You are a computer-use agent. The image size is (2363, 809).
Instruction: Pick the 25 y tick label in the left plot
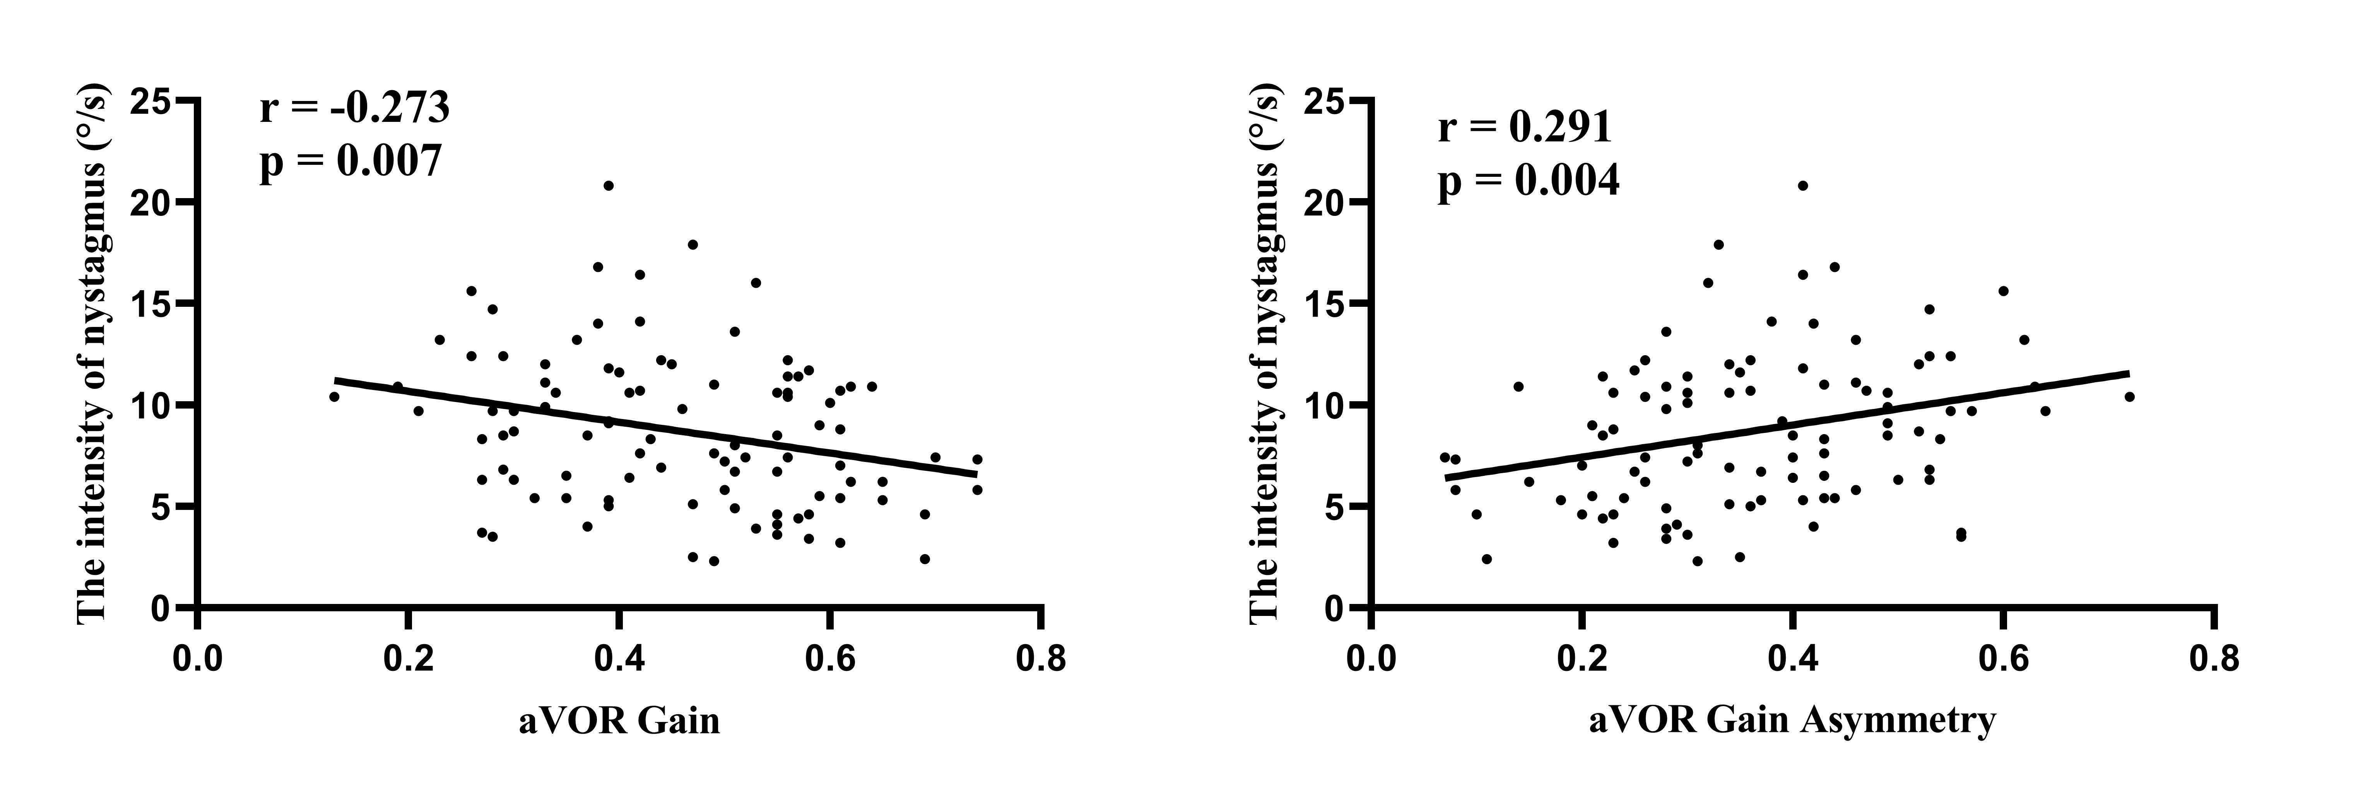pyautogui.click(x=151, y=101)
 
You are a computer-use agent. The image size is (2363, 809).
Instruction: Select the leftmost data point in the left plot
pyautogui.click(x=334, y=396)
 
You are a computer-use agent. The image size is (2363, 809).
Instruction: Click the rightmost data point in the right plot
pyautogui.click(x=2129, y=396)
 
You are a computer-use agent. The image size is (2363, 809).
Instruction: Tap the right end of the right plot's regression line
pyautogui.click(x=2128, y=373)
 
